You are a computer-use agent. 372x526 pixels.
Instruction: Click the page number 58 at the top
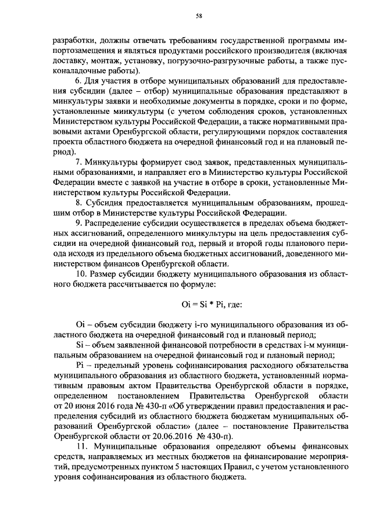198,17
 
